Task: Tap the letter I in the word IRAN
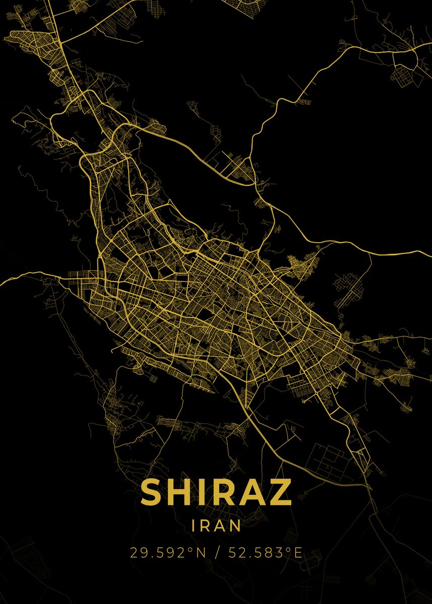pos(195,526)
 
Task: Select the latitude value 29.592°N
pos(168,553)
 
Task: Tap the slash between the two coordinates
pos(217,553)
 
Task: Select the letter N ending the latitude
pos(201,553)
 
